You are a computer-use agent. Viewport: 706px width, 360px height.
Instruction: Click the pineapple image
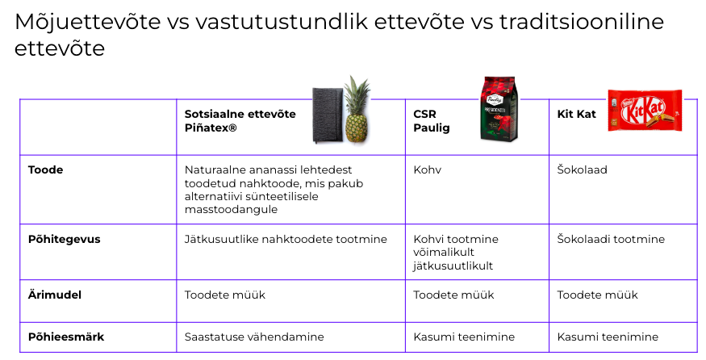pos(357,111)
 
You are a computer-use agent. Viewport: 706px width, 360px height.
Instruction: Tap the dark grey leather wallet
pos(328,115)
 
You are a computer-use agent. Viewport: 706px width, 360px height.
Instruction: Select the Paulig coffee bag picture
pos(499,109)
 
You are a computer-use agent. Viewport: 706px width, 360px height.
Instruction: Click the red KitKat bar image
pos(645,111)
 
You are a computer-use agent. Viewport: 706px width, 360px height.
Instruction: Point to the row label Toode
pos(45,170)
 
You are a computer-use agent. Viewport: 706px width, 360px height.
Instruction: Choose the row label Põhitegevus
pos(64,239)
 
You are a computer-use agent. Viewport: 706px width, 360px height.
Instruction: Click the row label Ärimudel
pos(55,295)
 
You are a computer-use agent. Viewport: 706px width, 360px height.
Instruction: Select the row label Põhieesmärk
pos(65,337)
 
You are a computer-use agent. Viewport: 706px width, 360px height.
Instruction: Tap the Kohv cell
pos(428,170)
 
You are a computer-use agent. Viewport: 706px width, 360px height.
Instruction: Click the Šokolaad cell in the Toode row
pos(583,170)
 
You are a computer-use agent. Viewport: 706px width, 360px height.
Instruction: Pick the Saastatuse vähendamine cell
pos(254,337)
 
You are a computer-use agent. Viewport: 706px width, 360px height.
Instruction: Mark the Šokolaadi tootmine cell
pos(611,239)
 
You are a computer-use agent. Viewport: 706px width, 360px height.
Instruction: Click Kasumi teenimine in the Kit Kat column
pos(608,337)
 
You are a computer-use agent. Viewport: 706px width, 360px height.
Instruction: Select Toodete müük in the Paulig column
pos(453,295)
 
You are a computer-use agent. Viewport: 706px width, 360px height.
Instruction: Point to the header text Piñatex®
pos(211,128)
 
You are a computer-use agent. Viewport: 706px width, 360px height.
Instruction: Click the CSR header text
pos(424,114)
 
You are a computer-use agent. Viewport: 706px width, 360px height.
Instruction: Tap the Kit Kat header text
pos(576,114)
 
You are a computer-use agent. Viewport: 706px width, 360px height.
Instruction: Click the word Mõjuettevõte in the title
pos(87,21)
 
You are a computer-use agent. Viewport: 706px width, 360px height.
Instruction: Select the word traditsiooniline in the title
pos(581,21)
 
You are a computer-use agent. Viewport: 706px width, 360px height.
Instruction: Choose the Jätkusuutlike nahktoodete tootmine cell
pos(286,239)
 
